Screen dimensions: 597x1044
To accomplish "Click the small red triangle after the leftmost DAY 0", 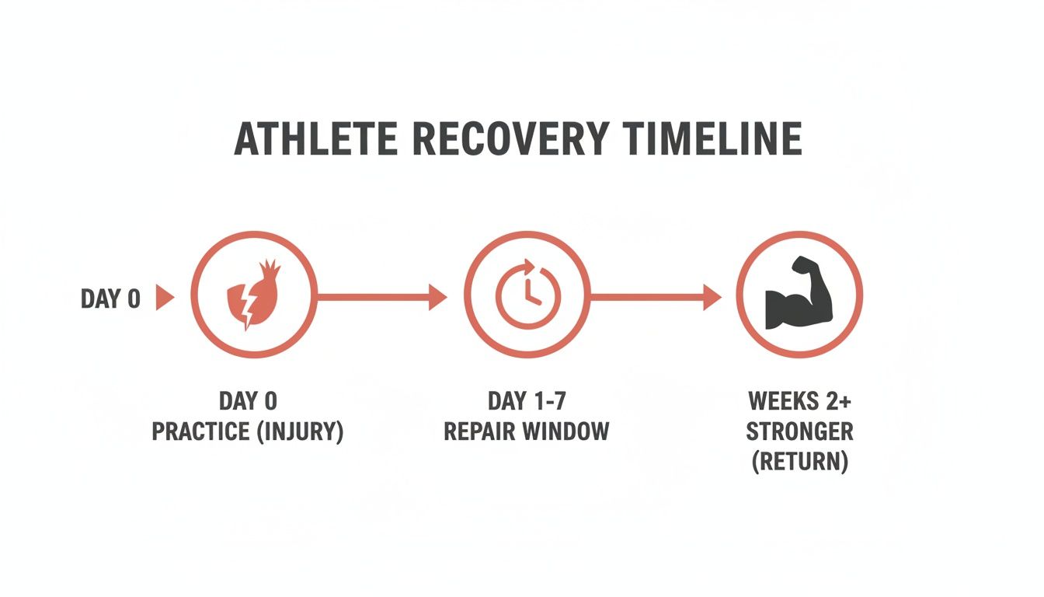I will tap(164, 298).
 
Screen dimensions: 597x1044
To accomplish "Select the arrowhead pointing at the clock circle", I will tap(438, 296).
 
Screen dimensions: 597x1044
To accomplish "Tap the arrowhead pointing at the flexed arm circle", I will tap(712, 296).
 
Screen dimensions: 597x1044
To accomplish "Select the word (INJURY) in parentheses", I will tap(301, 431).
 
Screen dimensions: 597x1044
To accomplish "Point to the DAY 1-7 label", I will tap(526, 401).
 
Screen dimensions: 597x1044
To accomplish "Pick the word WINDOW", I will tap(570, 431).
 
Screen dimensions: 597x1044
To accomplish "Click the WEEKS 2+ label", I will tap(799, 401).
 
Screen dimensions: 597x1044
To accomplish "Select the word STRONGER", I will tap(799, 431).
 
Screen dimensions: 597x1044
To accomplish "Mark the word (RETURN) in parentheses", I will tap(799, 462).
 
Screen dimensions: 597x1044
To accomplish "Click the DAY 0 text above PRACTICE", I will tap(248, 401).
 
